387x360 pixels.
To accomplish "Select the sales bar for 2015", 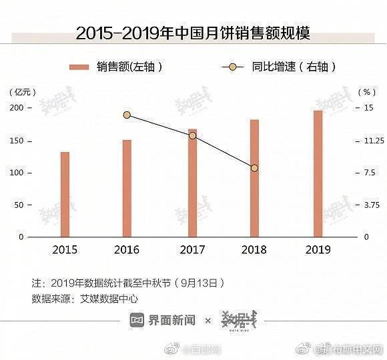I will click(x=65, y=194).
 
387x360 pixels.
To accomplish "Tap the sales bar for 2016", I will click(x=127, y=188).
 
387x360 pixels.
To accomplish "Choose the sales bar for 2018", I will click(x=254, y=178).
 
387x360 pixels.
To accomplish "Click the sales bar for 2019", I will click(x=318, y=173).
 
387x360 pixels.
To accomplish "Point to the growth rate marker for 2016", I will click(x=127, y=115).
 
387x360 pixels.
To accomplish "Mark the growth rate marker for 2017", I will click(x=192, y=135).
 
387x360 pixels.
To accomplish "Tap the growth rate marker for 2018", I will click(x=254, y=168).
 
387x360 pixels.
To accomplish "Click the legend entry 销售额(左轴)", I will click(x=117, y=67).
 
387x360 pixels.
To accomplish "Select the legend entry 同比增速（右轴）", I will click(x=280, y=67).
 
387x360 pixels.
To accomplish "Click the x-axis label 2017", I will click(x=192, y=250).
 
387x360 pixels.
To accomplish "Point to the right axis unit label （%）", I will click(x=367, y=92).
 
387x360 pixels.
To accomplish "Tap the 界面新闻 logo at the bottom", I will click(x=163, y=321).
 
